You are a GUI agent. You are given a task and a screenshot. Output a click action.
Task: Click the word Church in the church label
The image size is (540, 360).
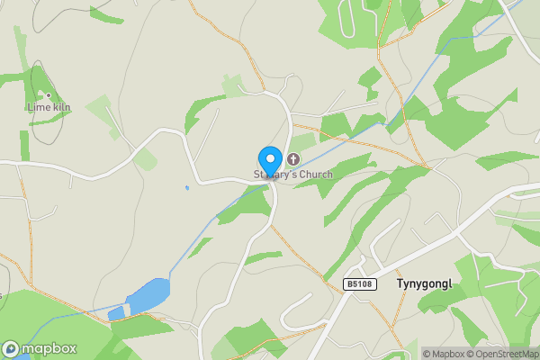(x=314, y=174)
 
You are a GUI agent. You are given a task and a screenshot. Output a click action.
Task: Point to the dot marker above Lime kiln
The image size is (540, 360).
(x=48, y=94)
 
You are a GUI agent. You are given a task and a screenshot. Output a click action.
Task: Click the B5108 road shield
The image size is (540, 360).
(x=357, y=284)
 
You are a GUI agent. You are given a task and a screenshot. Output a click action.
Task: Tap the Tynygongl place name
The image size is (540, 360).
(x=423, y=283)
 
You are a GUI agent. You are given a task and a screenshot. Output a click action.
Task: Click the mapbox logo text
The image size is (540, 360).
(x=49, y=348)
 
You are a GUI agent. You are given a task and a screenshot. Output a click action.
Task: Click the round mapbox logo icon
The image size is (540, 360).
(x=12, y=348)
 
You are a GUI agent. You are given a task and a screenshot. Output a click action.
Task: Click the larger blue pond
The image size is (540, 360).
(x=148, y=293)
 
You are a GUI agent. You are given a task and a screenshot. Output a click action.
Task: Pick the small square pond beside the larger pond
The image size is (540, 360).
(x=115, y=313)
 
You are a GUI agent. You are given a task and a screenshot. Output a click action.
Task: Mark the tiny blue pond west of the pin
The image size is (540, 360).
(x=186, y=188)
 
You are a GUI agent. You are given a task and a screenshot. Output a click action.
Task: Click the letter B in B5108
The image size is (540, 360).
(x=348, y=284)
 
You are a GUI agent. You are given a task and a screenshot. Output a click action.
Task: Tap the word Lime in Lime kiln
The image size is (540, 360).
(x=37, y=106)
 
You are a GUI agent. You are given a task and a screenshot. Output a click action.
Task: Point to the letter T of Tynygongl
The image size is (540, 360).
(x=400, y=283)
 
